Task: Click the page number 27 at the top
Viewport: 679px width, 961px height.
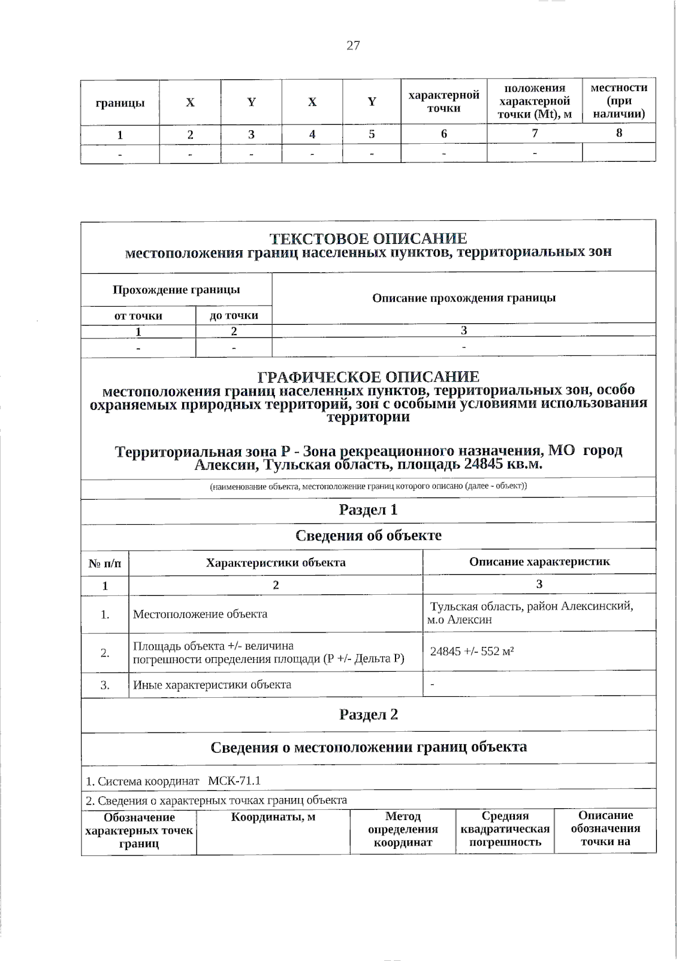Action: pyautogui.click(x=353, y=46)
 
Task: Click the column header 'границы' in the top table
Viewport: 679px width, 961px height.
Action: pyautogui.click(x=120, y=103)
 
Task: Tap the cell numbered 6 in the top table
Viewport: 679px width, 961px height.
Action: pyautogui.click(x=444, y=134)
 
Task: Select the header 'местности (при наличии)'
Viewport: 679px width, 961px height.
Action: pyautogui.click(x=618, y=101)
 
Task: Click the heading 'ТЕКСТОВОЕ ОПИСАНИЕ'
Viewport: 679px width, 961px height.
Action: pyautogui.click(x=368, y=239)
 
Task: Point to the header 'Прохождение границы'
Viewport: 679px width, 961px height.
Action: pyautogui.click(x=176, y=290)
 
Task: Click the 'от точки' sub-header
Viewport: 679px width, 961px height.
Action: pyautogui.click(x=138, y=316)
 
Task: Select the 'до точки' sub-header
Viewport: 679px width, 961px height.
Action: pyautogui.click(x=234, y=316)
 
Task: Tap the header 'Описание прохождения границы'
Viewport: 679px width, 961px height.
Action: pyautogui.click(x=463, y=298)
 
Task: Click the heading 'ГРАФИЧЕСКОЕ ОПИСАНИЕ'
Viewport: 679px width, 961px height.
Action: pyautogui.click(x=368, y=377)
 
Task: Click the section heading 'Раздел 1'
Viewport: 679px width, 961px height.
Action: pyautogui.click(x=368, y=510)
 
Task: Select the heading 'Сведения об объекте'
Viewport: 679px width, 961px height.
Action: pyautogui.click(x=368, y=535)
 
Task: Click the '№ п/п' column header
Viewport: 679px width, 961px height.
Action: pyautogui.click(x=105, y=564)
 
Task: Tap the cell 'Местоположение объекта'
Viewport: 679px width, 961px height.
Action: pyautogui.click(x=200, y=614)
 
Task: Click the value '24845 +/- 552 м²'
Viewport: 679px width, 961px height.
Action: pyautogui.click(x=472, y=651)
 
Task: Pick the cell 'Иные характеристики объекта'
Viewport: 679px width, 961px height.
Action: pyautogui.click(x=212, y=685)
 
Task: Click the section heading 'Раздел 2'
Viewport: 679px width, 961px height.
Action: pyautogui.click(x=368, y=715)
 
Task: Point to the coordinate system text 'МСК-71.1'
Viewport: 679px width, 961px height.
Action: pyautogui.click(x=234, y=782)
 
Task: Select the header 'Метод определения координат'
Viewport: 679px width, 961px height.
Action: pyautogui.click(x=403, y=829)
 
